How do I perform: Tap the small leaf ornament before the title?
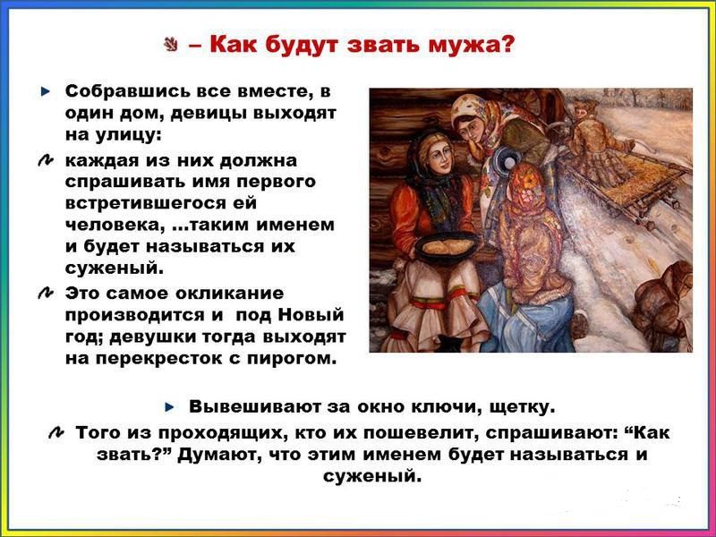click(x=171, y=45)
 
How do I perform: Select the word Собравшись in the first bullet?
click(x=127, y=91)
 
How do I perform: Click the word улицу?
click(x=128, y=136)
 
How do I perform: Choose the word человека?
click(x=116, y=226)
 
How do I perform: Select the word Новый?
click(x=311, y=315)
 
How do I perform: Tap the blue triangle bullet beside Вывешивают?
click(x=170, y=407)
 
